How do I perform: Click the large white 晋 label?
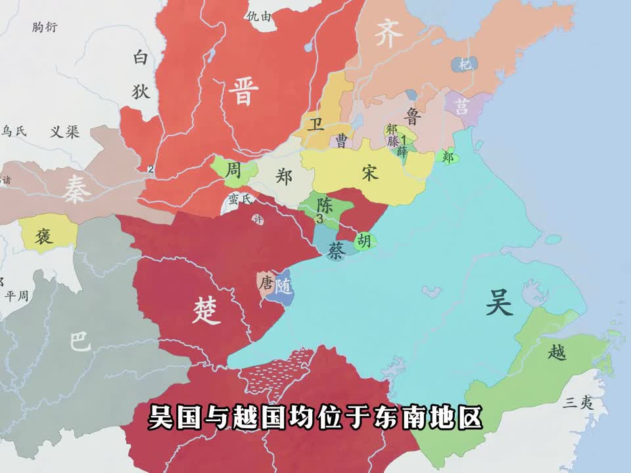pyautogui.click(x=243, y=91)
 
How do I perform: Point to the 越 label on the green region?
pyautogui.click(x=556, y=353)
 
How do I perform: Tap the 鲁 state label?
pyautogui.click(x=413, y=116)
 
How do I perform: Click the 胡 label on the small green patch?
pyautogui.click(x=364, y=241)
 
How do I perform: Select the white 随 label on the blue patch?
pyautogui.click(x=284, y=287)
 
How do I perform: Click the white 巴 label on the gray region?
pyautogui.click(x=79, y=341)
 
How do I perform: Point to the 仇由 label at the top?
pyautogui.click(x=258, y=16)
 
